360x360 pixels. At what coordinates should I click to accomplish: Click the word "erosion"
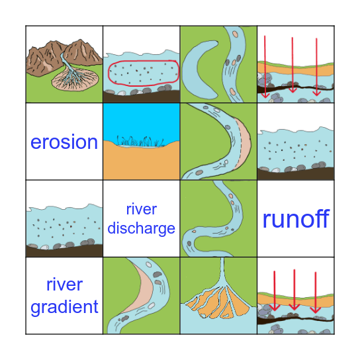click(64, 142)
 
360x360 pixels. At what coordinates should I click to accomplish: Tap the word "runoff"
click(295, 218)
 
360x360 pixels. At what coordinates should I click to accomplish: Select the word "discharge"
click(141, 228)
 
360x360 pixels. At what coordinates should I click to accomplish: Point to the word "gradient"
click(64, 306)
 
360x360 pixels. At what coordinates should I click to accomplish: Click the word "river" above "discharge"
click(141, 210)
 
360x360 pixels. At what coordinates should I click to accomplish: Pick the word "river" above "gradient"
click(64, 285)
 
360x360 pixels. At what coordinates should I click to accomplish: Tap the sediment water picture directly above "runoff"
click(295, 152)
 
